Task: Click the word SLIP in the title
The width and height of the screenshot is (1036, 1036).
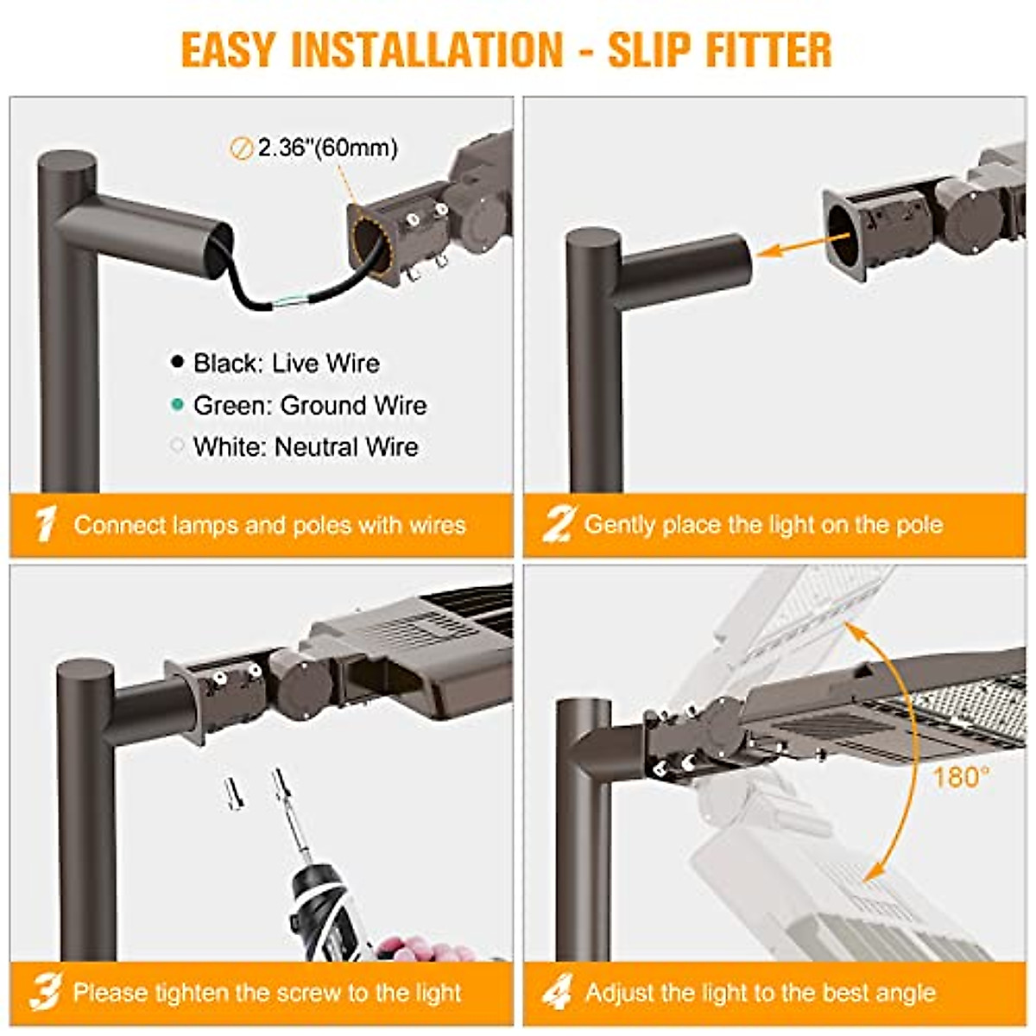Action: click(x=649, y=49)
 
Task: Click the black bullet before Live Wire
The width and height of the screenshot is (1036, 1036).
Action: click(x=178, y=363)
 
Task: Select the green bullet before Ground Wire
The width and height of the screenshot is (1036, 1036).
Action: click(x=178, y=404)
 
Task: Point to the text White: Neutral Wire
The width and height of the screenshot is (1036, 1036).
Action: click(x=306, y=447)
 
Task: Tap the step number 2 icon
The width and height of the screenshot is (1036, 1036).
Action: click(x=558, y=524)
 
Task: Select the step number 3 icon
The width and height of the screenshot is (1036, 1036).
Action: click(x=45, y=993)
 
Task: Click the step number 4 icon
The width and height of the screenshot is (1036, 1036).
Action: click(x=558, y=993)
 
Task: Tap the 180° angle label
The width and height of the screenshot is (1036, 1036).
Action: click(x=960, y=778)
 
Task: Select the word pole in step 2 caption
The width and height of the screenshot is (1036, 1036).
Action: click(x=914, y=525)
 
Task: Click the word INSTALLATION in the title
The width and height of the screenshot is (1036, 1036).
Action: click(x=427, y=49)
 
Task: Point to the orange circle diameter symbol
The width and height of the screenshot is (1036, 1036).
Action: click(x=241, y=148)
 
